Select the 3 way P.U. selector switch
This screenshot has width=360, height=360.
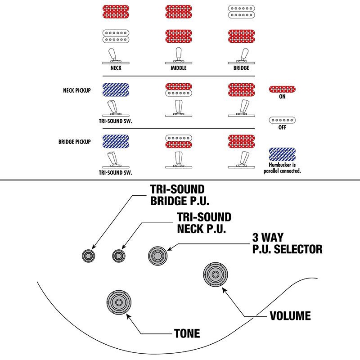tap(157, 255)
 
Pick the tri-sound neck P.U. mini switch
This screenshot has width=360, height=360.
tap(119, 256)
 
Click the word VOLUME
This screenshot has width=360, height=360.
tap(290, 315)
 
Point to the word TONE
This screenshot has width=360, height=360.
tap(187, 333)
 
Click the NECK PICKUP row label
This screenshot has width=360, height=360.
tap(77, 90)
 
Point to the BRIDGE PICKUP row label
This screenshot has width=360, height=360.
tap(75, 141)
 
